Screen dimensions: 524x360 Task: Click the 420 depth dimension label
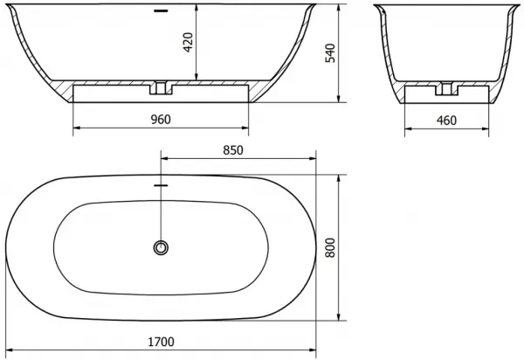189,43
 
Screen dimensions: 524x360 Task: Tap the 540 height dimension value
330,52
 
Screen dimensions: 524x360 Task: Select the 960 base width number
161,120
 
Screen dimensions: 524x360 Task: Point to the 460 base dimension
446,121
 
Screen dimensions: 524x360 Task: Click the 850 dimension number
233,150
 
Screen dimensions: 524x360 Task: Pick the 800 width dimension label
330,247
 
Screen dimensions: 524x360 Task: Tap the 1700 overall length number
161,342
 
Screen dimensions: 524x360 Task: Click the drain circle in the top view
161,247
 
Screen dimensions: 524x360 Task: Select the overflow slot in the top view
161,185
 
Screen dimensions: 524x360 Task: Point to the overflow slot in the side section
161,11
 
